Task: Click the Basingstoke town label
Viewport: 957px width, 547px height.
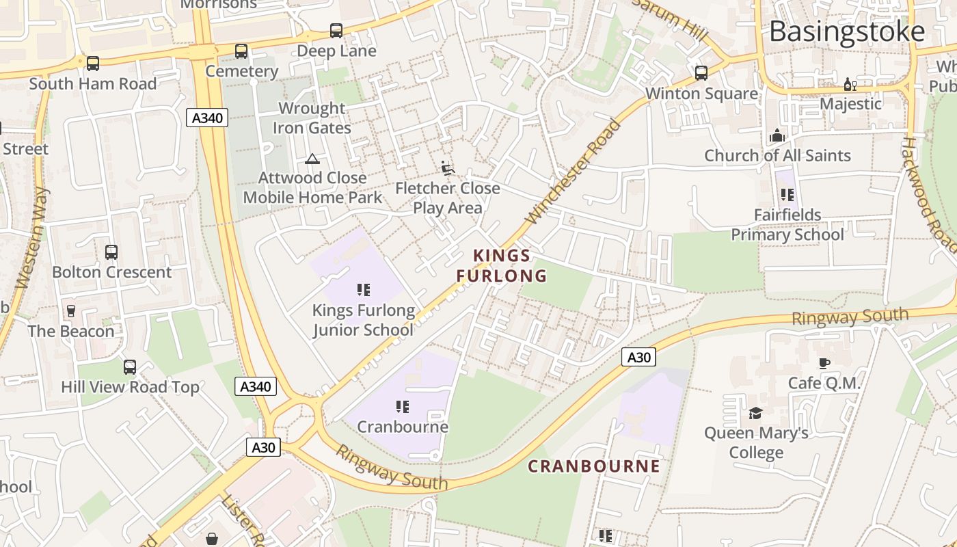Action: (x=847, y=32)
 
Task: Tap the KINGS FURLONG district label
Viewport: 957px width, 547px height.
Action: (x=502, y=265)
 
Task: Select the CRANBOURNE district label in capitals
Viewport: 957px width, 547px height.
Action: (x=594, y=466)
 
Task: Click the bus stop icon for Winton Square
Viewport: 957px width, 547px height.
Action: (x=701, y=73)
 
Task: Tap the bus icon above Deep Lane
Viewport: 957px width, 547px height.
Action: (x=336, y=31)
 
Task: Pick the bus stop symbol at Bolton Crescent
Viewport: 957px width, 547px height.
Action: (x=111, y=252)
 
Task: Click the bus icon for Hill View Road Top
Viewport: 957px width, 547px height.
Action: (x=130, y=367)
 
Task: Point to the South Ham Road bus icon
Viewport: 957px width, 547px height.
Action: (x=92, y=64)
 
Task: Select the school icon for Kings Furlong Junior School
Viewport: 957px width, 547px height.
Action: (x=363, y=290)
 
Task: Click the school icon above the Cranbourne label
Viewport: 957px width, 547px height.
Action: (x=402, y=407)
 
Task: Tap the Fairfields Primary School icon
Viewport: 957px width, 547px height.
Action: (x=787, y=195)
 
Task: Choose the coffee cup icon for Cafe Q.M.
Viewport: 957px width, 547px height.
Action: (x=824, y=363)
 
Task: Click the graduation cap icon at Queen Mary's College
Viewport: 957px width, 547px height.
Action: (x=755, y=413)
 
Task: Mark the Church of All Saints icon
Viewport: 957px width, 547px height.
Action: (x=777, y=136)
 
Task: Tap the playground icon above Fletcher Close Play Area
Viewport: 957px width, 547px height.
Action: (x=447, y=168)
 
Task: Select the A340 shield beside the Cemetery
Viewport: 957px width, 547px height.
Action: (x=207, y=118)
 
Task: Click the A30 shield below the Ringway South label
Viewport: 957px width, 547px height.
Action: (x=638, y=357)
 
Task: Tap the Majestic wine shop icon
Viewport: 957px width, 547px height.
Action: (x=850, y=85)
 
